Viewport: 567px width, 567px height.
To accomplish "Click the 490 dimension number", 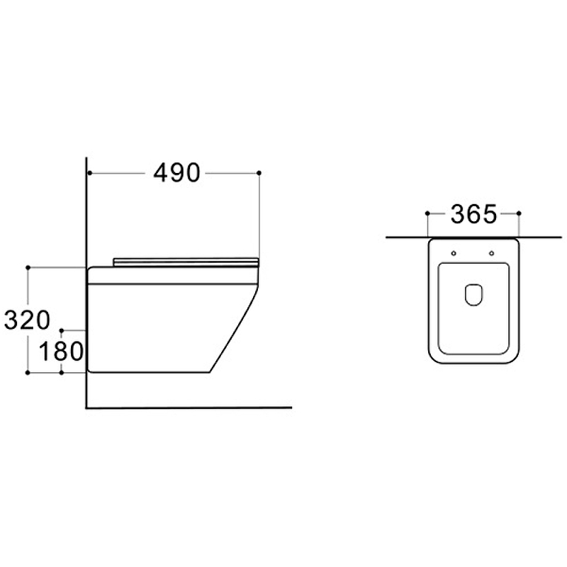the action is click(176, 173).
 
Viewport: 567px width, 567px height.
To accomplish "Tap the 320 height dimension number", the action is click(27, 320).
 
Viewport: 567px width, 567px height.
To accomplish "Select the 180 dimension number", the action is click(61, 352).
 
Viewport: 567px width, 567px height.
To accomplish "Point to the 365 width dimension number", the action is click(473, 214).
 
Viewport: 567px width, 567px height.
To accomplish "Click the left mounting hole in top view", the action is click(454, 253).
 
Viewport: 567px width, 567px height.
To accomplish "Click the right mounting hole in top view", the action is click(491, 253).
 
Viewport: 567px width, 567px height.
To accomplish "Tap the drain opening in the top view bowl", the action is click(473, 295).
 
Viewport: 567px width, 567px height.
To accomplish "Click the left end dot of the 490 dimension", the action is click(89, 173).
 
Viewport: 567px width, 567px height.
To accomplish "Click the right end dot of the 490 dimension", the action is click(259, 173).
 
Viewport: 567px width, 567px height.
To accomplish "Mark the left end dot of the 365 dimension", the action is click(427, 213).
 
